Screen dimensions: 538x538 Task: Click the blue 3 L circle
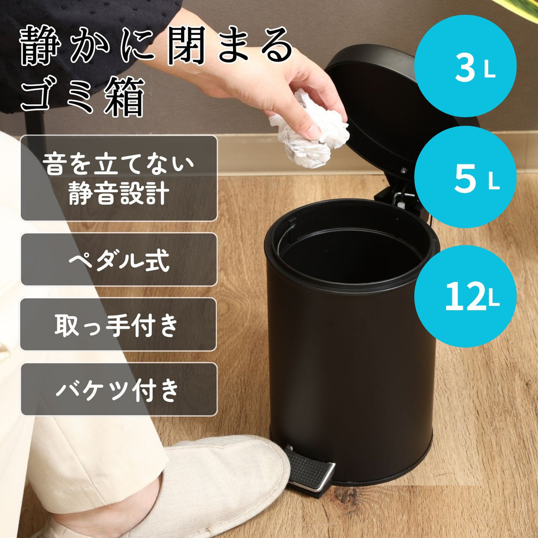click(465, 66)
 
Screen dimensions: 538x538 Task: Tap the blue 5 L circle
click(465, 177)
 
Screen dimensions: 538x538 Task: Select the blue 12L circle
click(465, 296)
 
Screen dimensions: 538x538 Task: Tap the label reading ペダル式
click(119, 259)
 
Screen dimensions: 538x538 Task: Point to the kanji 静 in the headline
click(40, 45)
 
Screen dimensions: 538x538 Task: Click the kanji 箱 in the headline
click(125, 97)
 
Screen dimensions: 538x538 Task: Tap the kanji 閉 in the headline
click(186, 45)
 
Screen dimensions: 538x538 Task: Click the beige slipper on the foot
click(192, 487)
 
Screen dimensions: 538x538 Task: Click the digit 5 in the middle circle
click(465, 177)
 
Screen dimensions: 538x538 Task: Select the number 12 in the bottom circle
click(466, 296)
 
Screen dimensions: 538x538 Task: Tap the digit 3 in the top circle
click(466, 67)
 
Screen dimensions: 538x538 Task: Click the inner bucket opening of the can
click(350, 254)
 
